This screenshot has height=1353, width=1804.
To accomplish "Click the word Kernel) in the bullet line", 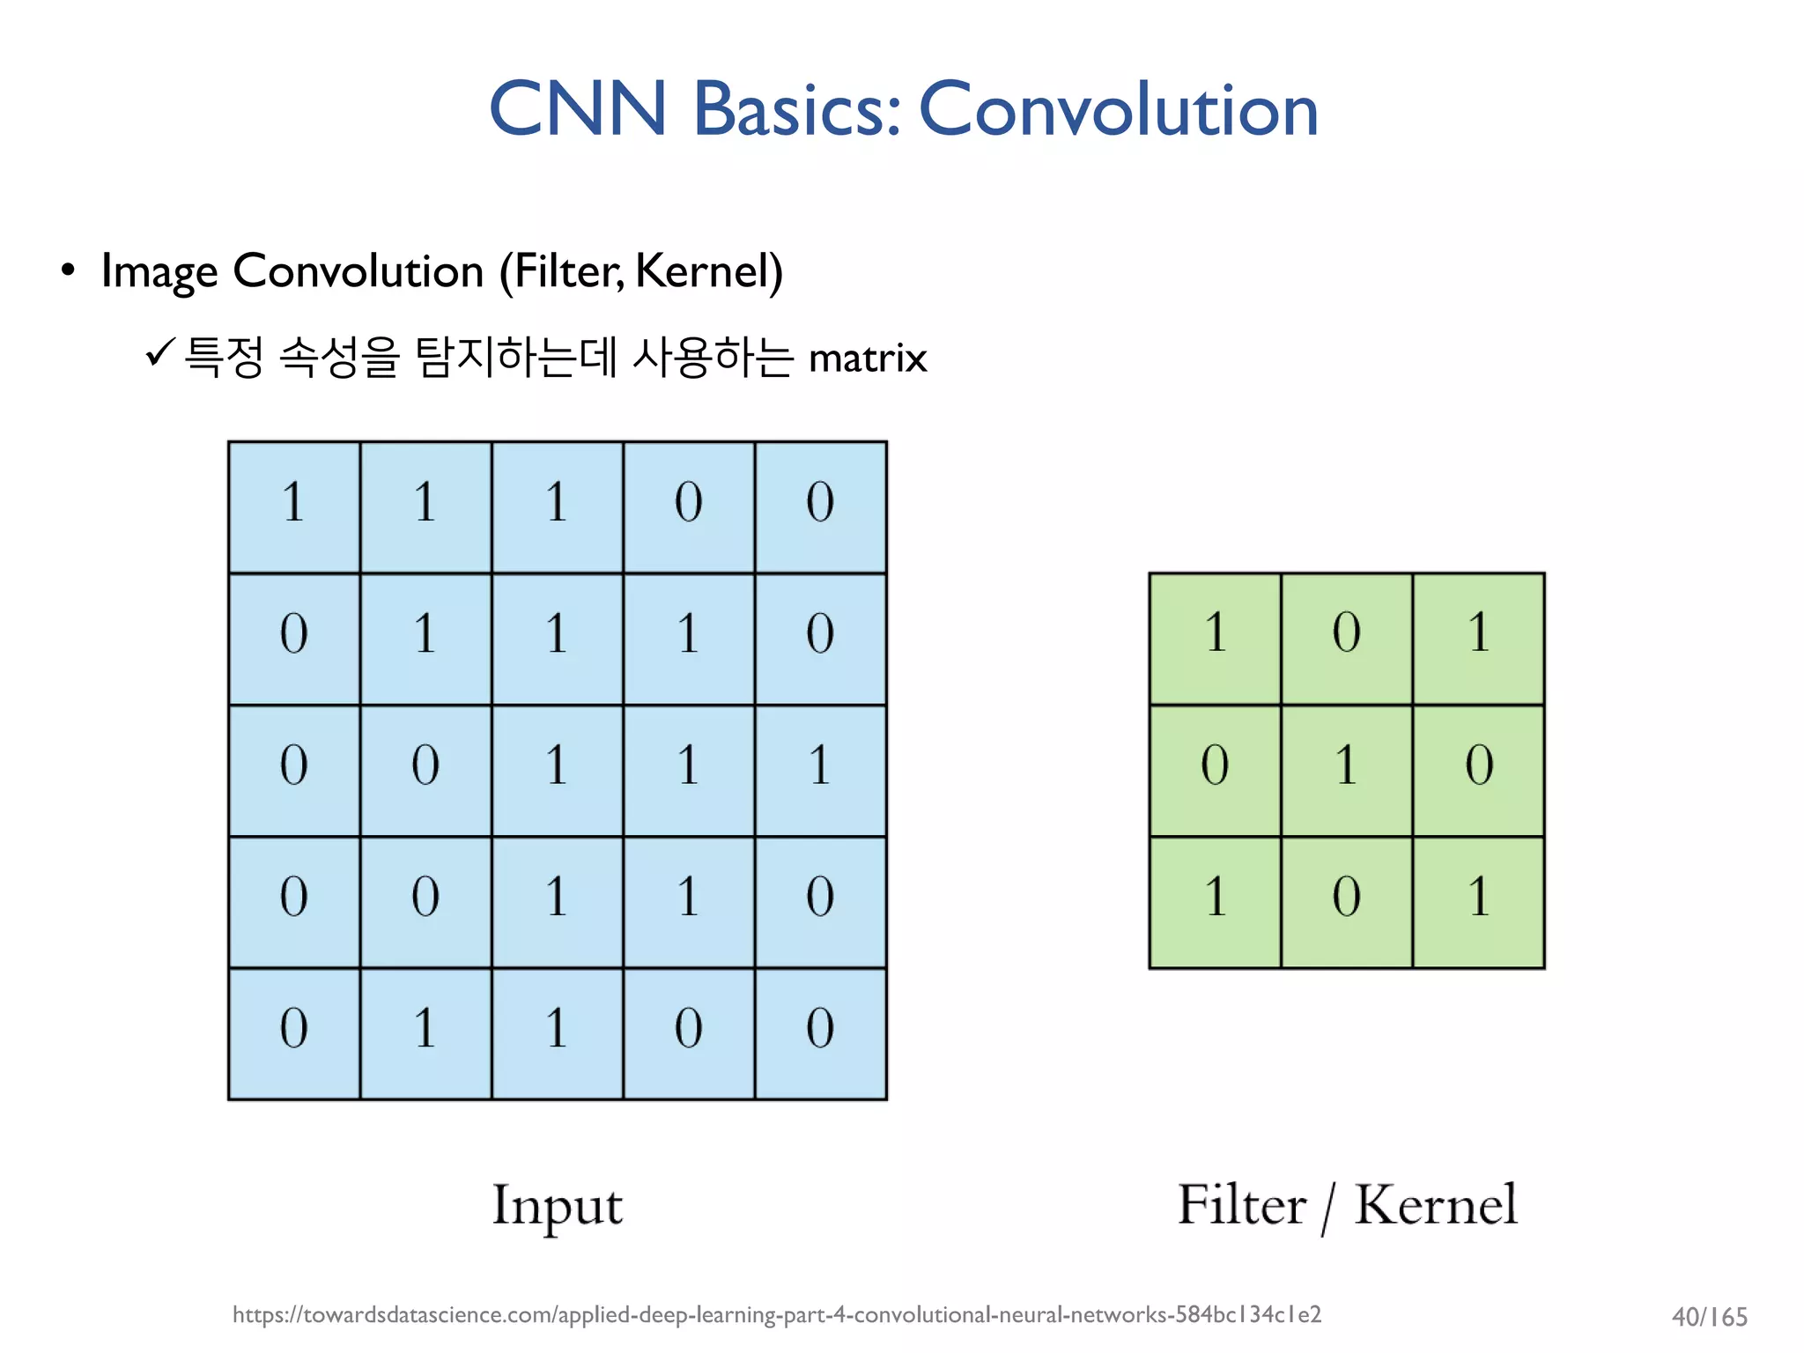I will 708,271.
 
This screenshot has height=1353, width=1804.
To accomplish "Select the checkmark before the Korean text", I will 160,353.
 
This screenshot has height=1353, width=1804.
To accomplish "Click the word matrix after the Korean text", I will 868,359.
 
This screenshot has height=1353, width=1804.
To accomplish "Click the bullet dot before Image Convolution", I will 68,270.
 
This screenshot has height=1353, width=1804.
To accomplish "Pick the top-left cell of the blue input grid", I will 294,507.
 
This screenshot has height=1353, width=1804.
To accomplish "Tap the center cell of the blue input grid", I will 557,770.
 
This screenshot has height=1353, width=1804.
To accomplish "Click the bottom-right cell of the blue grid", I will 820,1033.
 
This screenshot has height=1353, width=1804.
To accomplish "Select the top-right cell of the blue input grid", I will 820,507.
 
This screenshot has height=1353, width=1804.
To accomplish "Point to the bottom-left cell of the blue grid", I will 294,1033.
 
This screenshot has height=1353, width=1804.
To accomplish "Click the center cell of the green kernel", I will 1346,770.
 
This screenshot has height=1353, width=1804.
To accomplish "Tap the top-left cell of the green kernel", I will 1215,639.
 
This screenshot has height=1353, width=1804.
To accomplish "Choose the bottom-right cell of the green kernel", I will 1478,902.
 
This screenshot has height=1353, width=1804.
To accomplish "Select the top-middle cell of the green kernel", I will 1346,639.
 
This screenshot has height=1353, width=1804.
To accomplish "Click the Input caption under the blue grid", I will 557,1206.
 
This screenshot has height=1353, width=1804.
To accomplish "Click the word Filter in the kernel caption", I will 1241,1204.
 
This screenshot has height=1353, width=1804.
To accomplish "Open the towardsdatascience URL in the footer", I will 776,1314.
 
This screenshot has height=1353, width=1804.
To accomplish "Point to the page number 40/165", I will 1709,1317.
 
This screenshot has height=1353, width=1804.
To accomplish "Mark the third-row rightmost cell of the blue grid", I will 820,770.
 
